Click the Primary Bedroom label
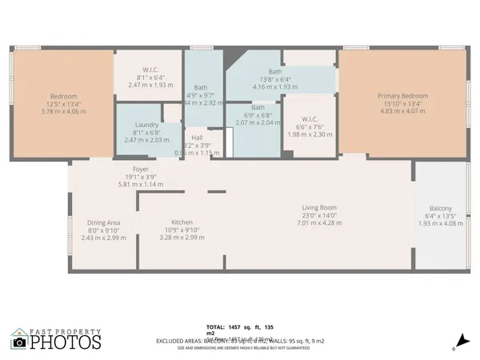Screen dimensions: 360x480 click(402, 96)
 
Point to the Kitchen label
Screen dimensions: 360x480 click(182, 222)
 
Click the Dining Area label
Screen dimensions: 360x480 click(103, 222)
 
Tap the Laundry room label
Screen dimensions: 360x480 click(146, 125)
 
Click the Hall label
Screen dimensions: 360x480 click(196, 138)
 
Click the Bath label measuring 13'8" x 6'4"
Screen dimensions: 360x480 click(275, 71)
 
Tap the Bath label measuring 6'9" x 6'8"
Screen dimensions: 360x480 click(258, 107)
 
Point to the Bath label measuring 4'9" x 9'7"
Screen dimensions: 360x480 click(202, 88)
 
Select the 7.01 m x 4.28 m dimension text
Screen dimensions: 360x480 click(319, 222)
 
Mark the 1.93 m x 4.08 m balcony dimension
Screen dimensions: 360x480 click(440, 223)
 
